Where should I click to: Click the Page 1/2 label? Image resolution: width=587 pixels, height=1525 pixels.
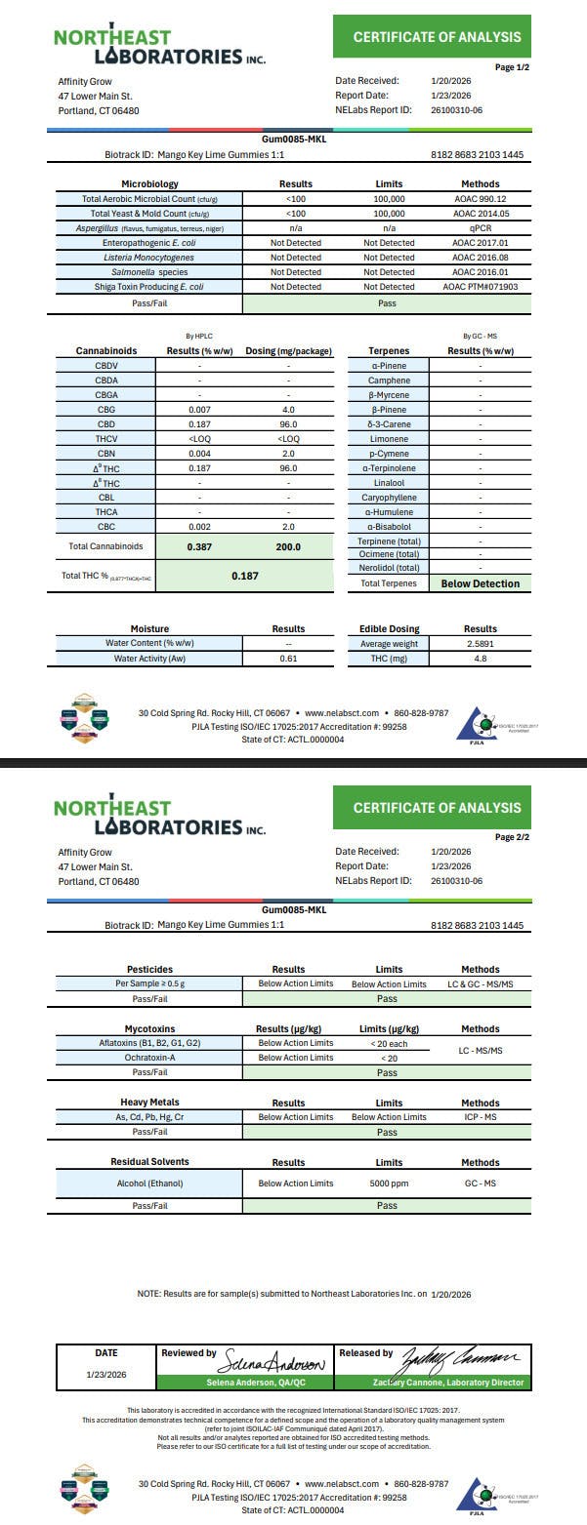pos(512,67)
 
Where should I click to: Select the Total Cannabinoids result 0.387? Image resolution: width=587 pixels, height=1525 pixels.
pos(198,546)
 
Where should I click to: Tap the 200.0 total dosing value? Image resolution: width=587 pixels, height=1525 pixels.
pos(287,546)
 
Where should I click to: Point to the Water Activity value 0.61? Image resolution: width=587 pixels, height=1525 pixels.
pos(288,659)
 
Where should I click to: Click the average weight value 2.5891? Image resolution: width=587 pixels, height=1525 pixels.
pos(480,644)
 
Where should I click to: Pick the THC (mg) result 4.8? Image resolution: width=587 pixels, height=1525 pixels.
pos(480,659)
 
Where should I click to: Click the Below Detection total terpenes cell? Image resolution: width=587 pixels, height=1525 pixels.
pos(480,583)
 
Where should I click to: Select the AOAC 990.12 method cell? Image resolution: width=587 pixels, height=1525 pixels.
pos(480,198)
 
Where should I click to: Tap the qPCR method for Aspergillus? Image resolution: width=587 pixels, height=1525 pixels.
pos(480,227)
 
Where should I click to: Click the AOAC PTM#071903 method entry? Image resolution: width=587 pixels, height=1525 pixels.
pos(480,287)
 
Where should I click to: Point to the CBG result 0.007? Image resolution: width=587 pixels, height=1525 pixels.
pos(198,410)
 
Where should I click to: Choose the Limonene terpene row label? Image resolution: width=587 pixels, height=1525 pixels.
pos(388,439)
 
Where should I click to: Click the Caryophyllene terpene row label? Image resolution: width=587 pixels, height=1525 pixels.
pos(388,498)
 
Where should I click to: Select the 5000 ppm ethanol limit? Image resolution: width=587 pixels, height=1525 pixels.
pos(389,1184)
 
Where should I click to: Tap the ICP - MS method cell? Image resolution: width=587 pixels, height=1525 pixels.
pos(480,1116)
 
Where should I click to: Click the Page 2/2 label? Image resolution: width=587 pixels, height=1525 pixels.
pos(512,837)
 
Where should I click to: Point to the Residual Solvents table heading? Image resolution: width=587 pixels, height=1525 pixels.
pos(149,1162)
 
